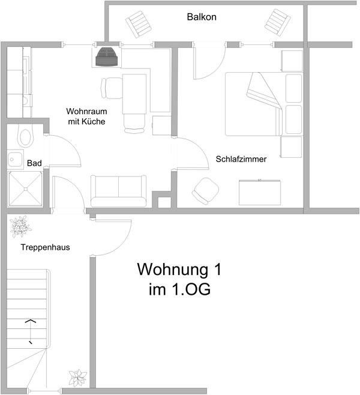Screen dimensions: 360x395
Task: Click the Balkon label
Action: point(202,17)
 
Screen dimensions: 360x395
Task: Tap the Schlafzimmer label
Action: point(241,159)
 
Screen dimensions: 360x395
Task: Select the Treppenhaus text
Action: point(46,247)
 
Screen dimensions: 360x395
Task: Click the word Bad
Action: point(34,163)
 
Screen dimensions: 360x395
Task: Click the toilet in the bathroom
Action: point(25,136)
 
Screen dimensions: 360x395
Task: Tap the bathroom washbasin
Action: point(16,160)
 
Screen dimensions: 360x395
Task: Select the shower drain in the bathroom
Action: point(25,188)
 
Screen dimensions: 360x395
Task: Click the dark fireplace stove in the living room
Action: point(106,57)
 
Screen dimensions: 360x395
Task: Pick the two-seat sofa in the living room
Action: point(118,191)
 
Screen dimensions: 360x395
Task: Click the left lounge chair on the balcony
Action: point(139,24)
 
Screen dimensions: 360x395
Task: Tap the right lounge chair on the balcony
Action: point(278,22)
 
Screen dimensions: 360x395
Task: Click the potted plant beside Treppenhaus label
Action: point(20,226)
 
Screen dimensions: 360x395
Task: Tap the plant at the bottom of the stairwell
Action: point(78,378)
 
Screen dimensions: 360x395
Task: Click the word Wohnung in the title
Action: point(172,270)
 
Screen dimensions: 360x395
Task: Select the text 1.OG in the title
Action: point(191,289)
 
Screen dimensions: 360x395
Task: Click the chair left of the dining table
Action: point(112,88)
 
